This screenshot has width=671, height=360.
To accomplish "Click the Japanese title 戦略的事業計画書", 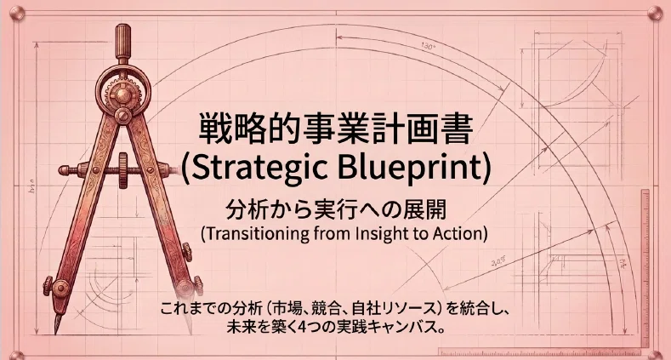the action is pos(336,128).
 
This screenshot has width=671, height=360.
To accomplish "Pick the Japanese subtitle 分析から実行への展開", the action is pos(336,209).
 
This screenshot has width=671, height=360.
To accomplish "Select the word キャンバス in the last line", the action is pos(400,328).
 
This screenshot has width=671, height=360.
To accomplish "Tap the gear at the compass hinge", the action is pos(122,92).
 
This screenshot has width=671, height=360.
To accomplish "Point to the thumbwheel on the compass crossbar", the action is pos(123,170).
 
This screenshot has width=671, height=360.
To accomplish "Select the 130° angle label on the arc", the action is pos(428,46).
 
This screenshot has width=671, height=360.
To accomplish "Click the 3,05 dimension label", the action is pos(498,261).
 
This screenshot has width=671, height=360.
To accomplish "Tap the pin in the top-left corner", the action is pos(16,14).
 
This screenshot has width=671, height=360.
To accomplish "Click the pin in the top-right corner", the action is pos(654,14).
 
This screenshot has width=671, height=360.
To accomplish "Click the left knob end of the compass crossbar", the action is pos(64,170).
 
